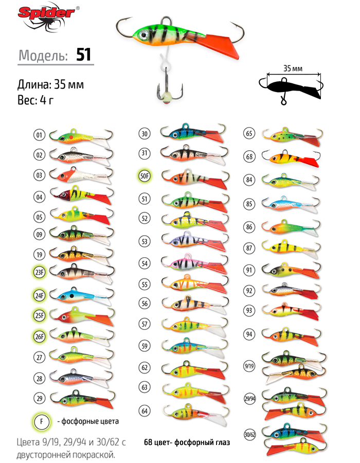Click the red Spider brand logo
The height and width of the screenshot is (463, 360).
(47, 16)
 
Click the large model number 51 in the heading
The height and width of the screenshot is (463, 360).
(83, 55)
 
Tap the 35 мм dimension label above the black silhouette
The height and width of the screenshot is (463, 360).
(293, 68)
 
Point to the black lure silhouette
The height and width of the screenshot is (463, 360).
(291, 88)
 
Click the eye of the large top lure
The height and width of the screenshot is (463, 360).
(144, 34)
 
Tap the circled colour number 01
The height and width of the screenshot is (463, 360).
(39, 135)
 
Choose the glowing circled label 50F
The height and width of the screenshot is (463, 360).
(145, 176)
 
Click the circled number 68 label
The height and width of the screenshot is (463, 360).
(249, 156)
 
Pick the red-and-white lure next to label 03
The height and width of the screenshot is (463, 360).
(81, 175)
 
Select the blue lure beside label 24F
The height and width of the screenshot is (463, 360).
(81, 296)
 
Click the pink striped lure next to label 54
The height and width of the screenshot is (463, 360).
(195, 263)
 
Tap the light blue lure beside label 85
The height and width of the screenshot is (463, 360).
(291, 204)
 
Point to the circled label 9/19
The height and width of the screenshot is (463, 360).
(249, 366)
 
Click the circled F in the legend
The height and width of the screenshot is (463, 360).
(41, 421)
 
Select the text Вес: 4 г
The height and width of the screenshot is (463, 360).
(35, 100)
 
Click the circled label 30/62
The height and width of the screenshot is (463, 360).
(249, 435)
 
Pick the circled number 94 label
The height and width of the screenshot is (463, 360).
(249, 334)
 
